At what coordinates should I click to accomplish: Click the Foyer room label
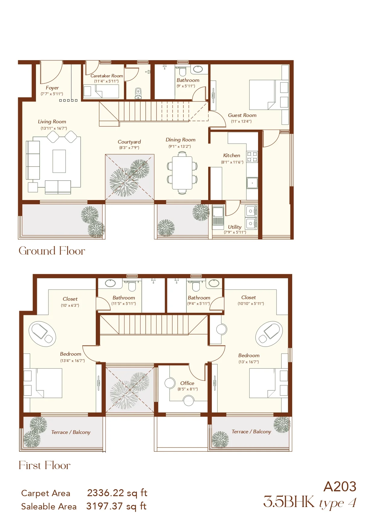pyautogui.click(x=52, y=88)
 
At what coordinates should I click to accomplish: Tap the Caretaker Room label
pyautogui.click(x=107, y=76)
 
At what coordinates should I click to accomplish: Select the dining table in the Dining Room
pyautogui.click(x=182, y=173)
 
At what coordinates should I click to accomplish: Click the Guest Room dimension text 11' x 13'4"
pyautogui.click(x=241, y=121)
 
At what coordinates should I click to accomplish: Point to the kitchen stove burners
pyautogui.click(x=252, y=157)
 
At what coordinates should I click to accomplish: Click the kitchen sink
pyautogui.click(x=252, y=183)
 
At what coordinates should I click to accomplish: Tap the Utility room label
pyautogui.click(x=234, y=227)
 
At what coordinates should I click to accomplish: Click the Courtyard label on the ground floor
pyautogui.click(x=129, y=142)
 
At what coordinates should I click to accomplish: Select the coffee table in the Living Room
pyautogui.click(x=59, y=161)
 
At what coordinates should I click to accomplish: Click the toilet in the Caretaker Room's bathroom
pyautogui.click(x=138, y=93)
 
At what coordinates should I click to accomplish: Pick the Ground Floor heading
pyautogui.click(x=52, y=251)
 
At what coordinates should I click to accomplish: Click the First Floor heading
pyautogui.click(x=44, y=465)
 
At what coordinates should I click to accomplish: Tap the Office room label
pyautogui.click(x=187, y=383)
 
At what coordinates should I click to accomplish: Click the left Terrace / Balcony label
pyautogui.click(x=71, y=432)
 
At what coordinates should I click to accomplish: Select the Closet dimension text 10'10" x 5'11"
pyautogui.click(x=251, y=304)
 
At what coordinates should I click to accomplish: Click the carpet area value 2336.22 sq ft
pyautogui.click(x=117, y=493)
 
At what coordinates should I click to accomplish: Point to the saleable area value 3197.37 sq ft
pyautogui.click(x=117, y=506)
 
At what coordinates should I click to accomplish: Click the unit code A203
pyautogui.click(x=340, y=487)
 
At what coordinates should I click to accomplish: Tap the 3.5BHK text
pyautogui.click(x=289, y=502)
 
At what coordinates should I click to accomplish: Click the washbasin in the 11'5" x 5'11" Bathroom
pyautogui.click(x=110, y=283)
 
